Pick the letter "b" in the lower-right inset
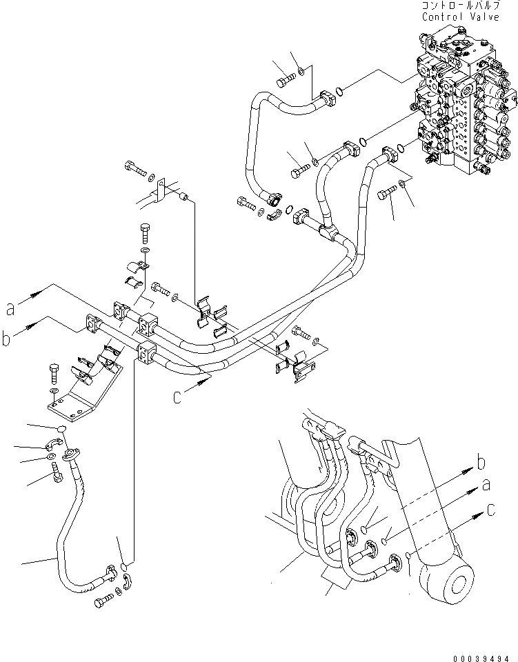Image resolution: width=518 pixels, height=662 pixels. point(482,462)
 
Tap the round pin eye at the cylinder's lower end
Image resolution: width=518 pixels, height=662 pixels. point(456,580)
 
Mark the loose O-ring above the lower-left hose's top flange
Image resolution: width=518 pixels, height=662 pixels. point(62,429)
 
